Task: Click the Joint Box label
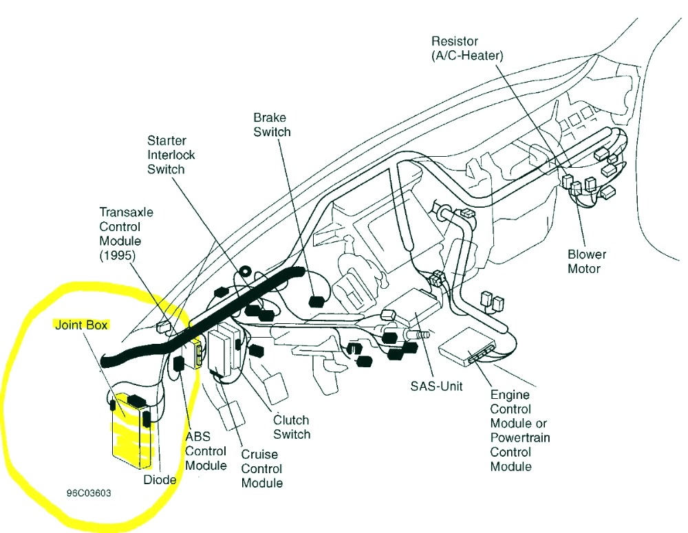pos(81,325)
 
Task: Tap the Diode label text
pos(160,479)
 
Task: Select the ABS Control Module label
pos(206,451)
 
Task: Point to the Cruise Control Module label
pos(261,468)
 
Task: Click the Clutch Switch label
pos(292,427)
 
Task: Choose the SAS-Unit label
pos(437,386)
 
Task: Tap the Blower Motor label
pos(587,261)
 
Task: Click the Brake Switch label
pos(272,124)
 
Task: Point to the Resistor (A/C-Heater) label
pos(467,49)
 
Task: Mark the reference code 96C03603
pos(89,493)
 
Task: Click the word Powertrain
pos(520,437)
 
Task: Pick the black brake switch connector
pos(318,301)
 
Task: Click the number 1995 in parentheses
pos(117,255)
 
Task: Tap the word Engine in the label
pos(510,395)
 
